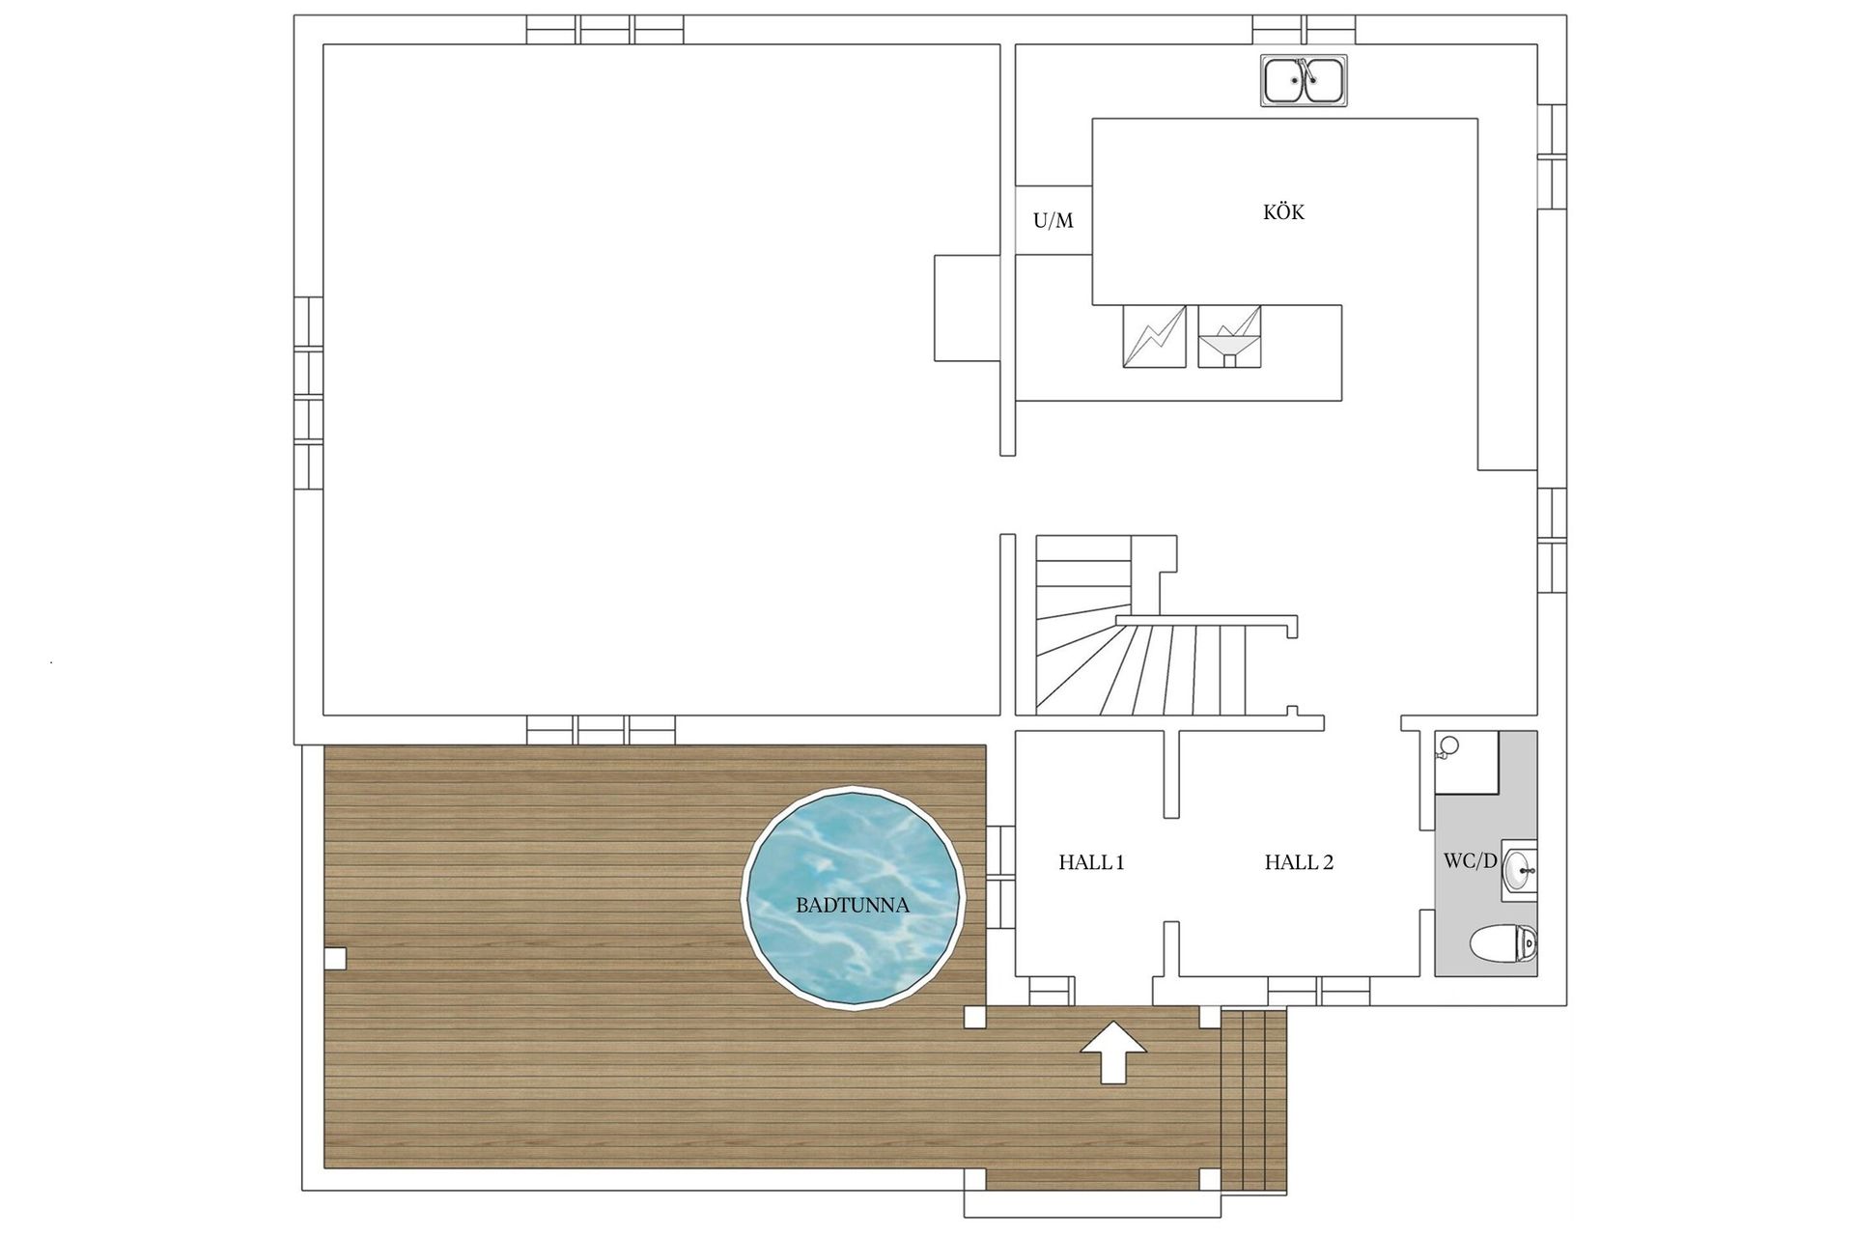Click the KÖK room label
click(1283, 211)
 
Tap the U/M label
click(1053, 221)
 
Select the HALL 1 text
click(1091, 862)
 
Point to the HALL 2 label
click(1299, 862)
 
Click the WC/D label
click(1470, 860)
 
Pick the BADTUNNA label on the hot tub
click(853, 906)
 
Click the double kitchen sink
click(1304, 80)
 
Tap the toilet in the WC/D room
click(1503, 943)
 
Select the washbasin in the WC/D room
click(1520, 870)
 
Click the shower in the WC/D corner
click(1467, 762)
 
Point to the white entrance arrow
click(1112, 1052)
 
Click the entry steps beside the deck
click(1254, 1100)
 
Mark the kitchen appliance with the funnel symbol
click(1229, 336)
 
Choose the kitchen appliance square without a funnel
click(1154, 336)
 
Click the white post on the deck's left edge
click(335, 959)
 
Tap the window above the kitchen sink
click(1305, 30)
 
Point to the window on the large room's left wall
click(308, 394)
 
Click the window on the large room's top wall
click(605, 30)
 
